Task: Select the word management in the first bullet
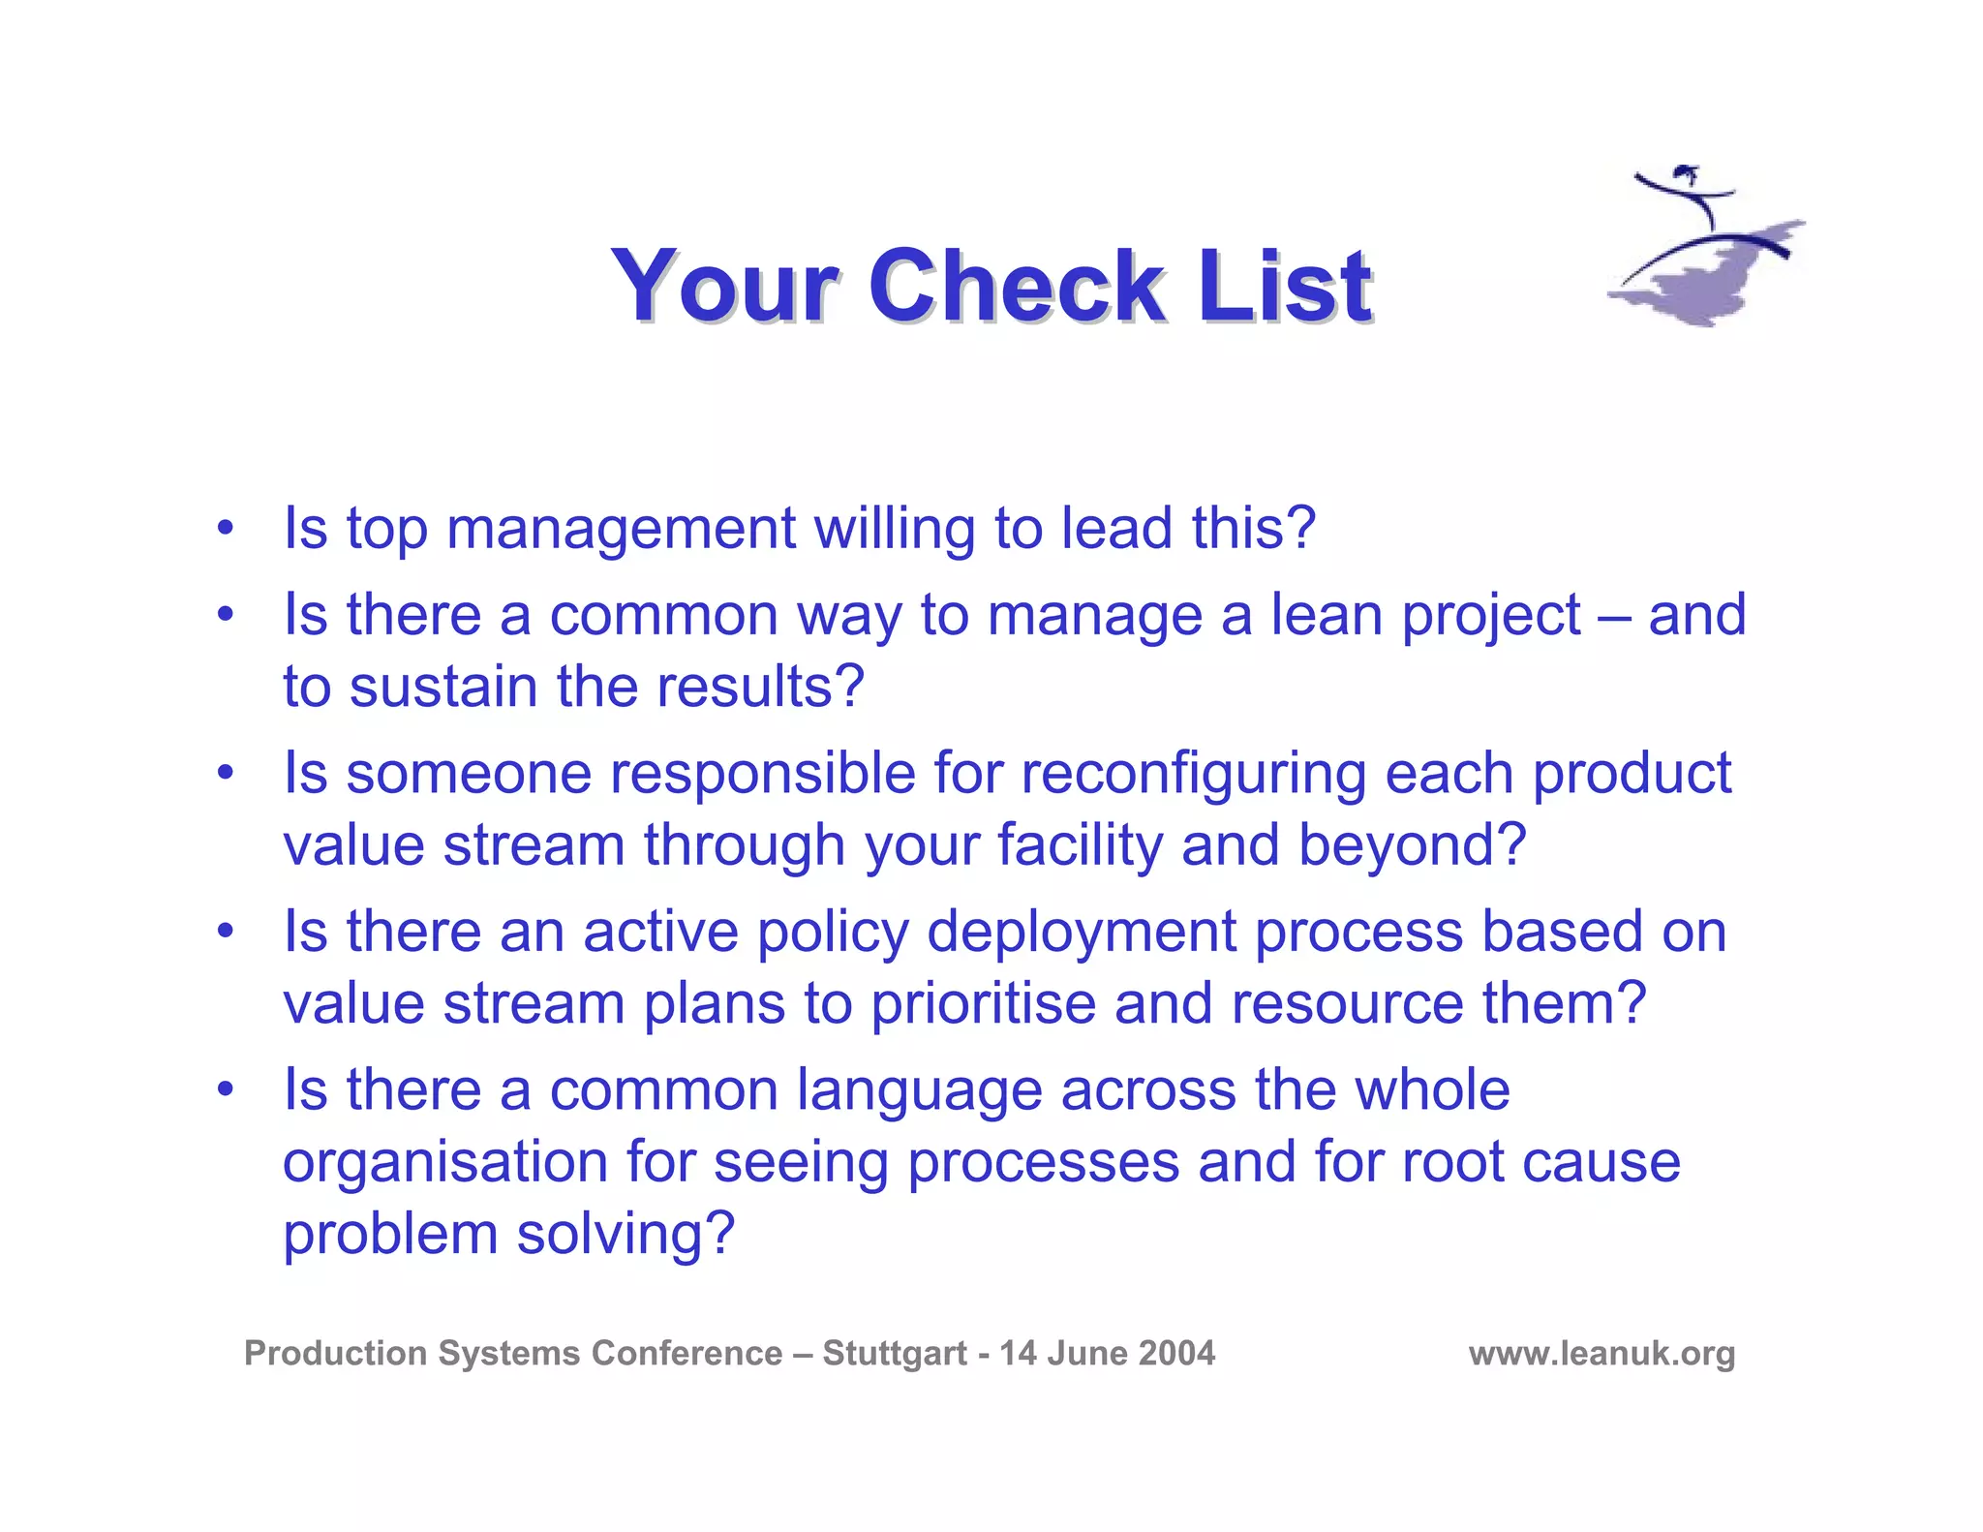pos(621,530)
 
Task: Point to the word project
pos(1491,616)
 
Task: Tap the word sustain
pos(442,687)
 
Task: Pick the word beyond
pos(1411,845)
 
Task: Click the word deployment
pos(1082,933)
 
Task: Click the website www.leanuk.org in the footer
pos(1602,1353)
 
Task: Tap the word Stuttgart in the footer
pos(895,1353)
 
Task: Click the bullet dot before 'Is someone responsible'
pos(226,773)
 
